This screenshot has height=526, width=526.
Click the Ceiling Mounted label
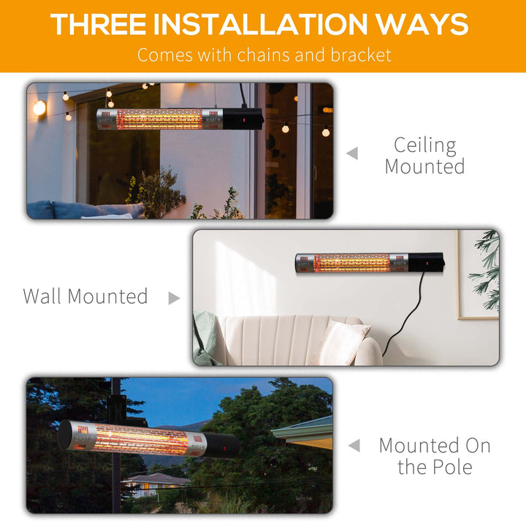click(424, 156)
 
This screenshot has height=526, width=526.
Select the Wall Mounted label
click(85, 297)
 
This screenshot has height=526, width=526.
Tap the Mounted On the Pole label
click(434, 456)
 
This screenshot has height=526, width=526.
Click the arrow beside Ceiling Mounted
click(352, 153)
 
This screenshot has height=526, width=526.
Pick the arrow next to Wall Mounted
click(174, 298)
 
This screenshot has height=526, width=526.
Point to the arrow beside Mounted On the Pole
click(354, 445)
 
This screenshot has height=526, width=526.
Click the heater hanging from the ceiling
click(179, 118)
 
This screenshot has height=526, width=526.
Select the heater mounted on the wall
click(369, 262)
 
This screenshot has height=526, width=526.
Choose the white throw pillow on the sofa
click(339, 342)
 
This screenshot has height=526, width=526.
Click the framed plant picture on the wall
click(479, 275)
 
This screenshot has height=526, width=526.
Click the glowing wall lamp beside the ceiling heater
click(39, 108)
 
